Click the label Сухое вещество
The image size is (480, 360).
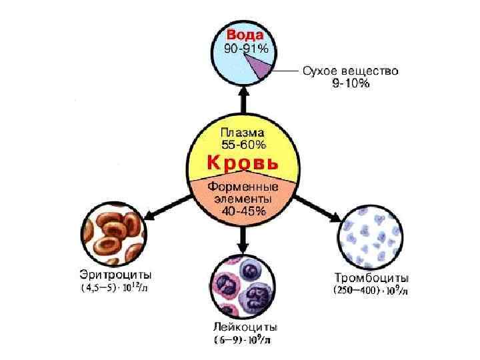(x=350, y=70)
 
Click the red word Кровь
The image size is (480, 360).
(x=243, y=163)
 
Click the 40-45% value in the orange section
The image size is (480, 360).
(x=243, y=211)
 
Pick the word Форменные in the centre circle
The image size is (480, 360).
(x=243, y=187)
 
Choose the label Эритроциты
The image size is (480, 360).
(x=115, y=275)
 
